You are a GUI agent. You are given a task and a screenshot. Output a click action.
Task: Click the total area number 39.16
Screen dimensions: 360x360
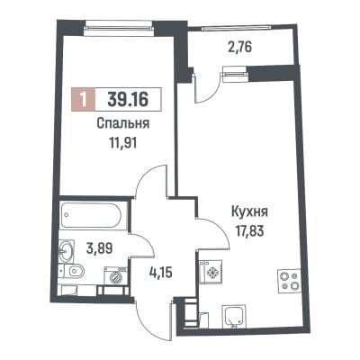coord(128,99)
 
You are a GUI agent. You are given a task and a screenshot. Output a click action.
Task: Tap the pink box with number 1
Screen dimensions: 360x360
coord(84,99)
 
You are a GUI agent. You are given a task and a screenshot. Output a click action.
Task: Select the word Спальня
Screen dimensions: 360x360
coord(123,123)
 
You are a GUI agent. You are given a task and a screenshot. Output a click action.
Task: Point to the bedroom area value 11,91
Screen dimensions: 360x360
coord(123,143)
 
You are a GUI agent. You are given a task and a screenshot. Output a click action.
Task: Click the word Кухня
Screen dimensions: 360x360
coord(249,211)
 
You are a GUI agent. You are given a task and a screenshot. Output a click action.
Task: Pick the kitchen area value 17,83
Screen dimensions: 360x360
coord(249,231)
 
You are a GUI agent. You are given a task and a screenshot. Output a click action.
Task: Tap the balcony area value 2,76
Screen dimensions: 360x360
coord(239,48)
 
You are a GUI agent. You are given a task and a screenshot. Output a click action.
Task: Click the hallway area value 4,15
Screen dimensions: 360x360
coord(161,274)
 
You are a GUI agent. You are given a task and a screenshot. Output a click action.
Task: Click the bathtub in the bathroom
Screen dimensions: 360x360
coord(91,216)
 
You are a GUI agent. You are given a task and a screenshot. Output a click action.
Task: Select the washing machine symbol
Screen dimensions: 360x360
coord(115,275)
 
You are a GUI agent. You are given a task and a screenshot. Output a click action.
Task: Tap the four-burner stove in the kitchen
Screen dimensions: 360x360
coord(289,281)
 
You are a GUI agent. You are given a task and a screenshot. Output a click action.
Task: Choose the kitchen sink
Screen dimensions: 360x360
coord(233,316)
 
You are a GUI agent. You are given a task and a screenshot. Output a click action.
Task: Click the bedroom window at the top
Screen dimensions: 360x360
coord(119,27)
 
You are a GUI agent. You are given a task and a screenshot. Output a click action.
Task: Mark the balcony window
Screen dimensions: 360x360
coord(237,28)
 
